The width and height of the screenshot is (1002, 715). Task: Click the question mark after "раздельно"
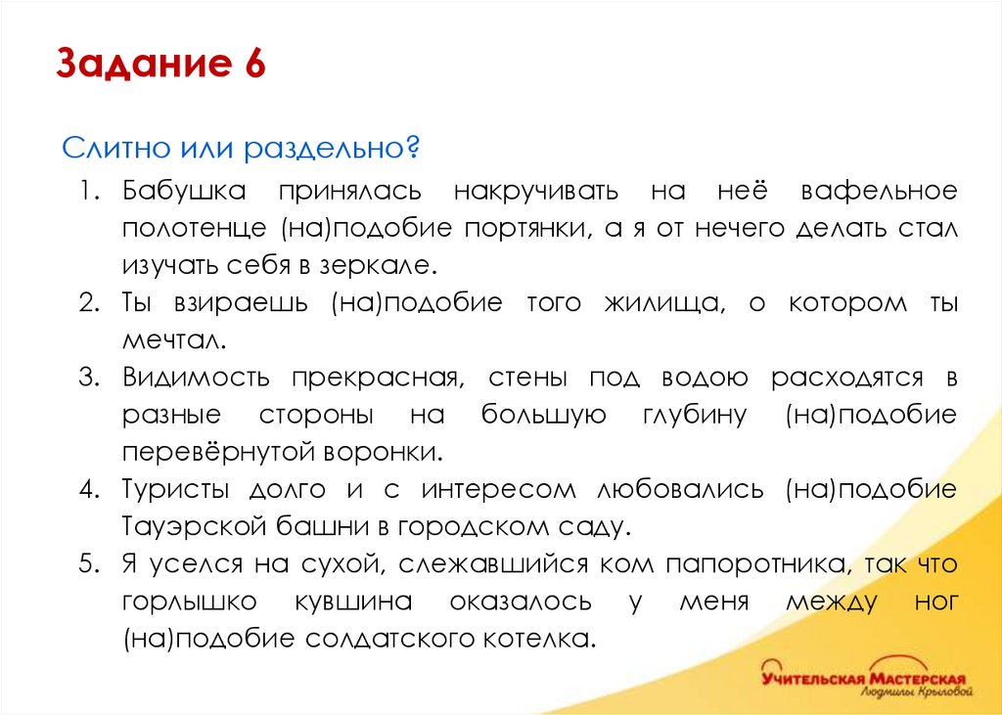pyautogui.click(x=414, y=150)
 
